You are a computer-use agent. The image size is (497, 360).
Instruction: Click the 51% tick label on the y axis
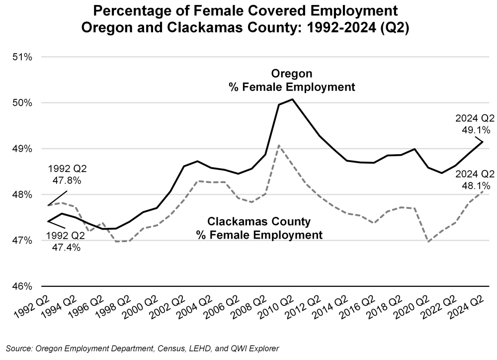point(22,57)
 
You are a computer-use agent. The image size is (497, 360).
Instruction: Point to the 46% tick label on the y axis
point(22,287)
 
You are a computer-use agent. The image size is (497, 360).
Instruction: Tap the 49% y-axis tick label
point(22,149)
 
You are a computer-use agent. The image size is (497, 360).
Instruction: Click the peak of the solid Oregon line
point(293,99)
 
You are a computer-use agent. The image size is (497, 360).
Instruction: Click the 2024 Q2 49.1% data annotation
point(475,124)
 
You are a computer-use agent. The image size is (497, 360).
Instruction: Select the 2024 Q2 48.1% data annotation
point(475,180)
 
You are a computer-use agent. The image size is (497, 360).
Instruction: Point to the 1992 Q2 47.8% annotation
point(65,174)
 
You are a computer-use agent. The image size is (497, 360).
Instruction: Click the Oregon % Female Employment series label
point(292,80)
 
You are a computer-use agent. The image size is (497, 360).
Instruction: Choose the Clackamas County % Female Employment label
point(259,228)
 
